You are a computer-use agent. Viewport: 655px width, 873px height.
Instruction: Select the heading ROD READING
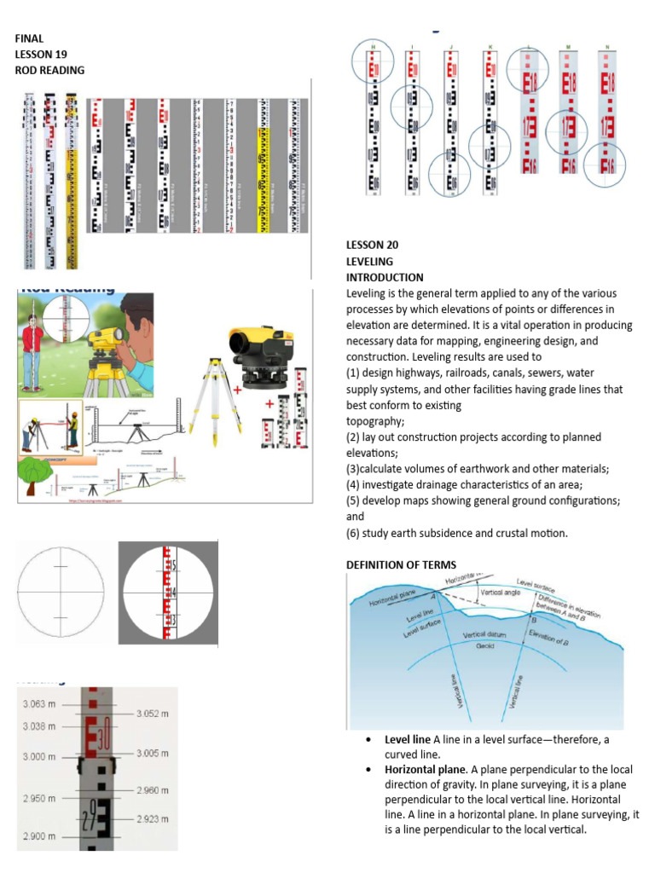point(49,70)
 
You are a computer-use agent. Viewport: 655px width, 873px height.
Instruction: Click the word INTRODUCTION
point(384,277)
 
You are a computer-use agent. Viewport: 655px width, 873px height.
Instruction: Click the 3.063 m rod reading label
point(38,703)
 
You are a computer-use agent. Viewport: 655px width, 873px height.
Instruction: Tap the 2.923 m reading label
point(156,818)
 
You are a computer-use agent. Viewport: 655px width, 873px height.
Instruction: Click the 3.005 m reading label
point(156,754)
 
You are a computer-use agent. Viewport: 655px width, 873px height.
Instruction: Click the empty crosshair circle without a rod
point(61,591)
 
